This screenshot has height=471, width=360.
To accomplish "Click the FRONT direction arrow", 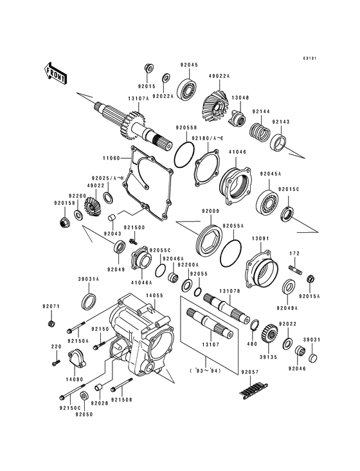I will coord(57,72).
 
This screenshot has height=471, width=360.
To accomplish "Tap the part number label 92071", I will coord(51,306).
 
